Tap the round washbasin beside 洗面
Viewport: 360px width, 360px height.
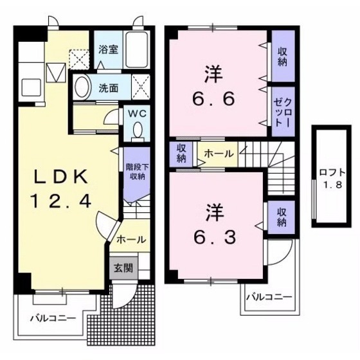(x=82, y=87)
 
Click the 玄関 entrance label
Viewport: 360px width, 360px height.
(x=123, y=267)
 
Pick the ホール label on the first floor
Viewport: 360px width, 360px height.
(x=131, y=240)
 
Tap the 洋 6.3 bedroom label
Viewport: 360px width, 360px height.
(x=215, y=222)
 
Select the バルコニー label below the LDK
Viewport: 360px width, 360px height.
(x=53, y=318)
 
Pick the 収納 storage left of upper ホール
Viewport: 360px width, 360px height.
(x=181, y=153)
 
